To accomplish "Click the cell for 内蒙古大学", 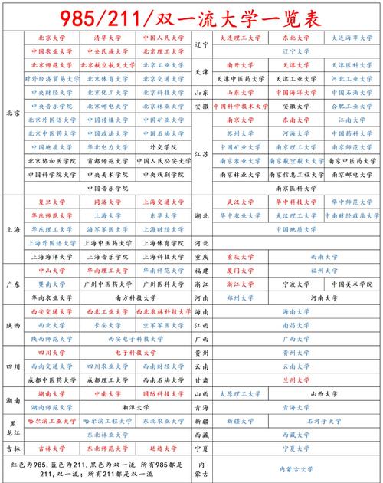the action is (x=295, y=468).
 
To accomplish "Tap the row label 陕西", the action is (x=13, y=325).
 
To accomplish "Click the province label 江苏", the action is (x=201, y=153).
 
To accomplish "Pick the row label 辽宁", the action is (x=201, y=44).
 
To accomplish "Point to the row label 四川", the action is (x=13, y=366).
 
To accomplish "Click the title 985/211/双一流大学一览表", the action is (x=191, y=15).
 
